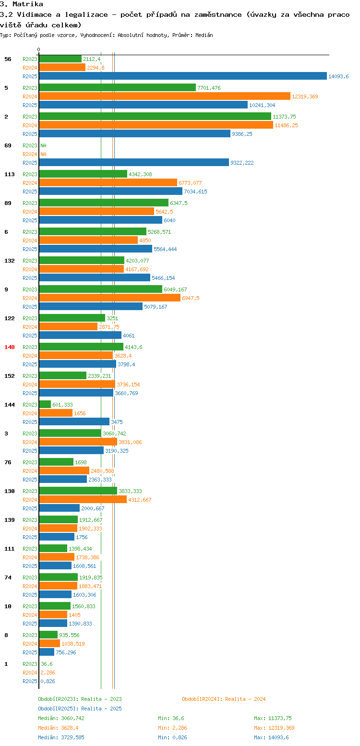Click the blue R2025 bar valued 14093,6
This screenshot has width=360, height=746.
tap(182, 76)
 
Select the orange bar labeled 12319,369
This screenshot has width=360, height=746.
tap(165, 96)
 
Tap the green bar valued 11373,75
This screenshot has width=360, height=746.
tap(155, 117)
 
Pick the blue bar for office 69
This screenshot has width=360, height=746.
tap(134, 163)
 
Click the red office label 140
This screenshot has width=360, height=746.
tap(10, 347)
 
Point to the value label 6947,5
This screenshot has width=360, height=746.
tap(191, 298)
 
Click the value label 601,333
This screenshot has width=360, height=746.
tap(62, 405)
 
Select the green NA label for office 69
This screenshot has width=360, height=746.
tap(43, 145)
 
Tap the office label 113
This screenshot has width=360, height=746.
tap(10, 174)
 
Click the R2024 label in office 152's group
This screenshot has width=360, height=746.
tap(30, 385)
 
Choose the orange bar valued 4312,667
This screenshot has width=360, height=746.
tap(83, 500)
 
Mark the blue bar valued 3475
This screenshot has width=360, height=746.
tap(74, 422)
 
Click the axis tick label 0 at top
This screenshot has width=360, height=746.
tap(39, 50)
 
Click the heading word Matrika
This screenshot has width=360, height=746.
tap(30, 4)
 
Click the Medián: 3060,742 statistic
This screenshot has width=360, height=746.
tap(61, 718)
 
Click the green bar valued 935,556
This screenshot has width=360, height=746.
tap(48, 635)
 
